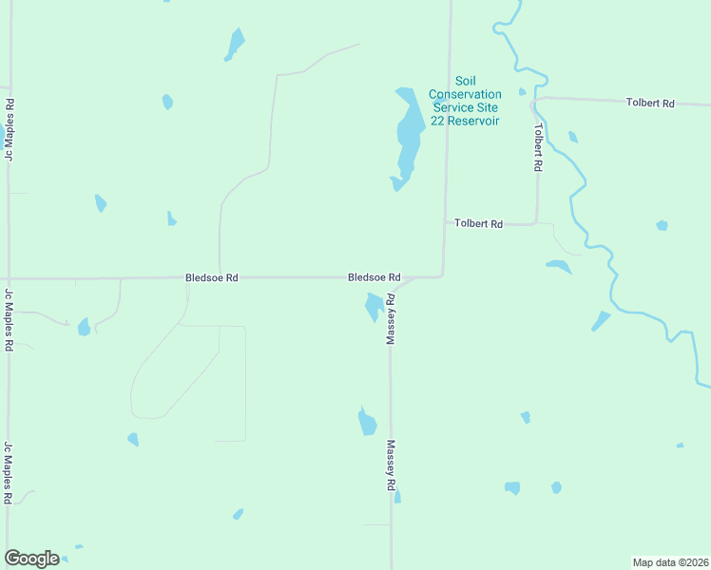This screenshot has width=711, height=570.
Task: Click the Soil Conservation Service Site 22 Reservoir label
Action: [x=464, y=101]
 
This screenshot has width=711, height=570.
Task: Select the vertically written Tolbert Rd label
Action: [x=538, y=147]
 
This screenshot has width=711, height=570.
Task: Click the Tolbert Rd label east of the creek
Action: [x=650, y=102]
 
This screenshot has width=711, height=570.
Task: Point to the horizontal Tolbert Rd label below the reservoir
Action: [x=478, y=223]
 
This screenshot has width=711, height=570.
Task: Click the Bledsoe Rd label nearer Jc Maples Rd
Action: [x=211, y=277]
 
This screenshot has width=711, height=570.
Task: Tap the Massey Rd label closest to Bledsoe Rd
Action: [x=390, y=320]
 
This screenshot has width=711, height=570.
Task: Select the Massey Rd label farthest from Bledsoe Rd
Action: [x=391, y=465]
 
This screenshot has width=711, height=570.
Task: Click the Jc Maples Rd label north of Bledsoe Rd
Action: [x=10, y=129]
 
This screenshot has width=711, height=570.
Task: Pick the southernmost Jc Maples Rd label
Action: [x=9, y=472]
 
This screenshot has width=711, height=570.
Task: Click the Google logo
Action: [x=31, y=559]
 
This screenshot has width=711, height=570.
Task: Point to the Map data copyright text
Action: [x=670, y=561]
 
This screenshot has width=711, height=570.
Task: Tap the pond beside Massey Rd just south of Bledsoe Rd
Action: [x=374, y=307]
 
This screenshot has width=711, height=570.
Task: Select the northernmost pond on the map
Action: [x=235, y=43]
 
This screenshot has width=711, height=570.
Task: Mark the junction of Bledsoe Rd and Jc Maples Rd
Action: [x=10, y=278]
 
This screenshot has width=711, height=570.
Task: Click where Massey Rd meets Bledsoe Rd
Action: [x=392, y=284]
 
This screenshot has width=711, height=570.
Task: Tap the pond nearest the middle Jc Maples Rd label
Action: [x=84, y=328]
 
